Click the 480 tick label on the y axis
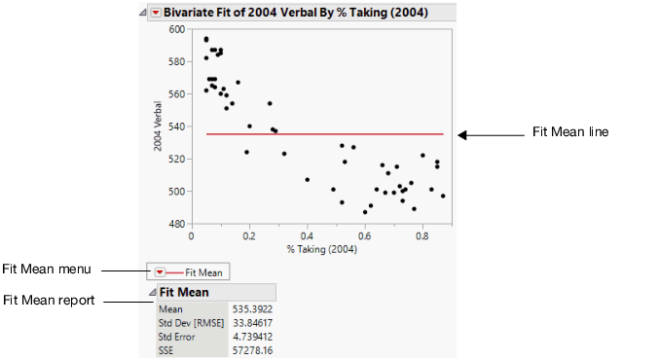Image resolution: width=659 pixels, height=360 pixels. (177, 224)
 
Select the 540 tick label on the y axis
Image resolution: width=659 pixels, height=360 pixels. (177, 126)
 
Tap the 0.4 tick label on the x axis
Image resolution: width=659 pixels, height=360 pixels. (308, 234)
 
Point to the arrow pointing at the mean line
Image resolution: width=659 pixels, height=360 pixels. (487, 134)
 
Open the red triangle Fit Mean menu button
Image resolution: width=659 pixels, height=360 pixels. (160, 272)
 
